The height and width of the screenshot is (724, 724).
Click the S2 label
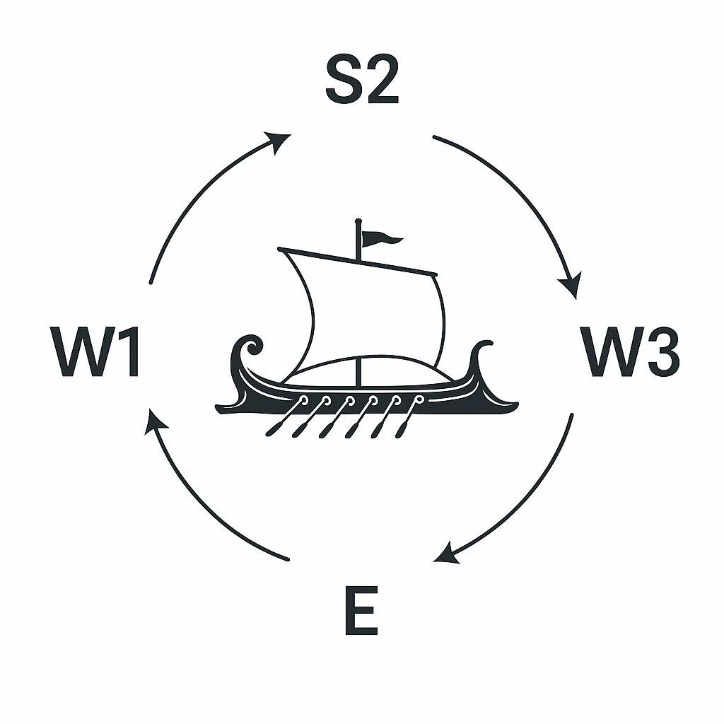click(362, 82)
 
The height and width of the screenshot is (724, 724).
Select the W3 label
click(629, 351)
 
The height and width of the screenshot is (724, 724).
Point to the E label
click(361, 609)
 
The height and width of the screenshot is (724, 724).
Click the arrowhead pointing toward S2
click(279, 141)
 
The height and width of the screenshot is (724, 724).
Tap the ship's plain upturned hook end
click(481, 354)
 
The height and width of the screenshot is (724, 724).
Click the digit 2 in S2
click(383, 82)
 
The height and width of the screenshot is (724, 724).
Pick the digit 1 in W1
click(127, 351)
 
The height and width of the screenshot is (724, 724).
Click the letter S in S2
click(342, 82)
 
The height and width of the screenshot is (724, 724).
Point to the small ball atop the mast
click(358, 222)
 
